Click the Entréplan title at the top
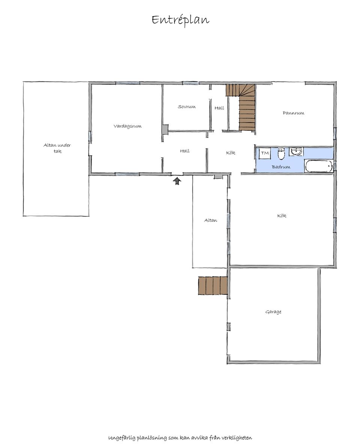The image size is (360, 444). (180, 20)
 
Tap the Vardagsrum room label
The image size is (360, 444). (127, 126)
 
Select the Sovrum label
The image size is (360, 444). (187, 107)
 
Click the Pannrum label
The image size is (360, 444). (293, 113)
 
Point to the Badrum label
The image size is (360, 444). (281, 167)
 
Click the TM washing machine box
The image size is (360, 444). (265, 153)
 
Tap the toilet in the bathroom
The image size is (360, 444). (281, 154)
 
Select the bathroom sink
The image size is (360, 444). (296, 151)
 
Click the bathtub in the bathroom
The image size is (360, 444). (319, 166)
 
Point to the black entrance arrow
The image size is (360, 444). (177, 181)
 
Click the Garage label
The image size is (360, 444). (273, 312)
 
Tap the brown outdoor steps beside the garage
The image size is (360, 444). (213, 286)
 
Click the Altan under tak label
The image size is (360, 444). (57, 148)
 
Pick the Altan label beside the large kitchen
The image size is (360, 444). (211, 220)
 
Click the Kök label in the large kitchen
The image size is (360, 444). (282, 215)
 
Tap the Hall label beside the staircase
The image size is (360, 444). (219, 108)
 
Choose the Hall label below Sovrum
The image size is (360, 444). (185, 151)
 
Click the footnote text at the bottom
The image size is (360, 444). (180, 438)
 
